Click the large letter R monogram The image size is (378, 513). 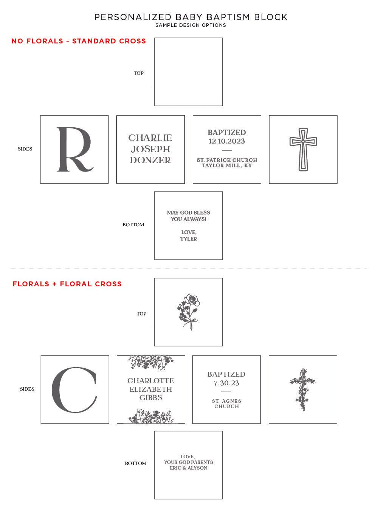point(67,149)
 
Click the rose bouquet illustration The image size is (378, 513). point(188,312)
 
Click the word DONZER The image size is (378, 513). point(150,160)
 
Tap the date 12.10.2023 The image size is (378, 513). point(227,141)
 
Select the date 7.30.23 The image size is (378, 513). point(226,383)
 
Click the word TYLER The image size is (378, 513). point(188,239)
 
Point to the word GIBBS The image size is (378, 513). point(150,397)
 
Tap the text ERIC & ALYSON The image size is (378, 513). point(188,468)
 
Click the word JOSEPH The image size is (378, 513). point(150,149)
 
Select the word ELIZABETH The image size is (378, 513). point(150,389)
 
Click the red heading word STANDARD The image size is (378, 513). point(94,41)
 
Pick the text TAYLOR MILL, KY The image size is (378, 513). point(227,165)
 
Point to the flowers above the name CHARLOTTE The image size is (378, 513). point(151,362)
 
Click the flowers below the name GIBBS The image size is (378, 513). point(151,417)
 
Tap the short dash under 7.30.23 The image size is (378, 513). point(226,392)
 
